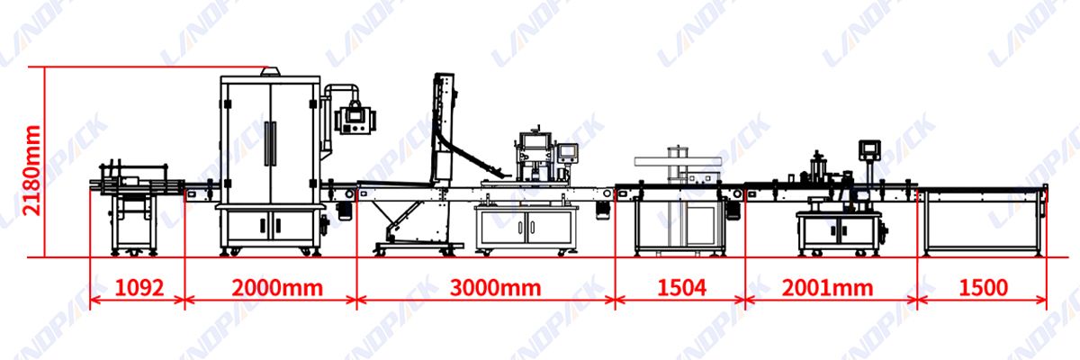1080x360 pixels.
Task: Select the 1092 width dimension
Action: click(x=139, y=288)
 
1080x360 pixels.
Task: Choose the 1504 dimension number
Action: click(x=680, y=288)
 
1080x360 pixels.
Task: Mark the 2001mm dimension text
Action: click(x=828, y=288)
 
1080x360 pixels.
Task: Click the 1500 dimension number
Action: click(x=982, y=288)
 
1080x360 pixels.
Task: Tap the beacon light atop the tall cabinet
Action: click(x=267, y=71)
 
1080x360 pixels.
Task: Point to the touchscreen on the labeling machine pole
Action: click(x=868, y=148)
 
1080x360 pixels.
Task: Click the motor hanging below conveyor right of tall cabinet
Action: click(x=343, y=211)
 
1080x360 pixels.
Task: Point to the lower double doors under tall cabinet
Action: click(x=271, y=224)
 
